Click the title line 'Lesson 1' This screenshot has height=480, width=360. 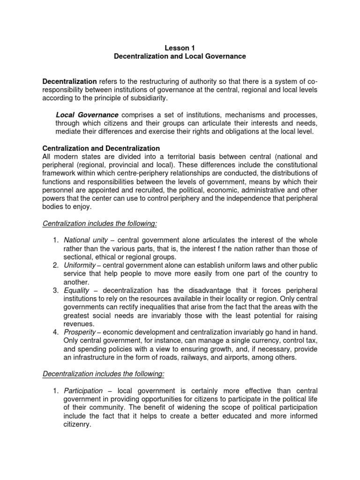(180, 48)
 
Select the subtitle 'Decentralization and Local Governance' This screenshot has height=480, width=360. (180, 56)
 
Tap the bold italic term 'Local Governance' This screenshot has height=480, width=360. (87, 115)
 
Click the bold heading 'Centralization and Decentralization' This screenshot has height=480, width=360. (101, 148)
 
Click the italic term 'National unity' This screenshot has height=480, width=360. (82, 240)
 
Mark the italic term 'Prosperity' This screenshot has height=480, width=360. (79, 332)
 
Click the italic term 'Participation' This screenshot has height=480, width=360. (83, 390)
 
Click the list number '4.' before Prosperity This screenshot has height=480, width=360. (56, 332)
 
